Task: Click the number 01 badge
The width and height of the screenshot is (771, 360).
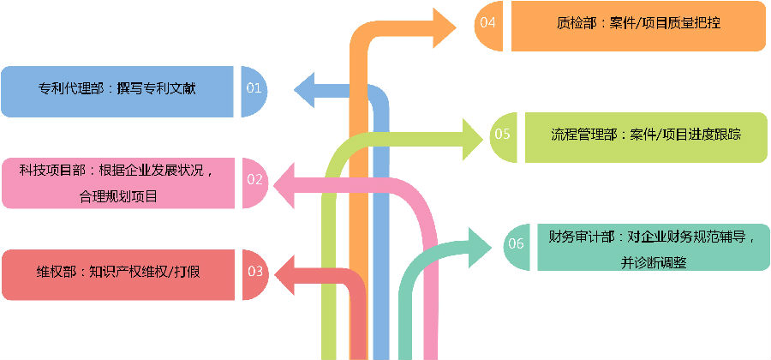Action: click(254, 88)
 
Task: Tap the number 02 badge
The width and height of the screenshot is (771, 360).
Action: click(254, 180)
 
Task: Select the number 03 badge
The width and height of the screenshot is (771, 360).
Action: click(254, 272)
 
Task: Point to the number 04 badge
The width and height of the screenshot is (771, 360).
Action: click(489, 24)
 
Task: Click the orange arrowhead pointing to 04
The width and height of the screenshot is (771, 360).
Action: click(445, 27)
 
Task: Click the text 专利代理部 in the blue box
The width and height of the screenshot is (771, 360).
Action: click(72, 88)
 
